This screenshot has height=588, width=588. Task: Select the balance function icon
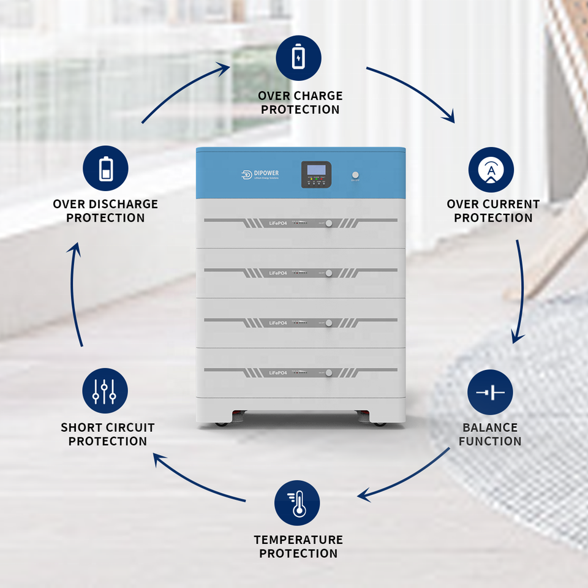click(490, 393)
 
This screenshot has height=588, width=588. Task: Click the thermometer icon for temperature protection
click(297, 503)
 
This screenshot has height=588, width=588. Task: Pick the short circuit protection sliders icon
click(105, 391)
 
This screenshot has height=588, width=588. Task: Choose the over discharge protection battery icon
click(105, 168)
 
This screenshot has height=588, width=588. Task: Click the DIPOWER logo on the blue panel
click(260, 175)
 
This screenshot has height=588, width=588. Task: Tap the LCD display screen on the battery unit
click(315, 170)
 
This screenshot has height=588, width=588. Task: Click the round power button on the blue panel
click(355, 174)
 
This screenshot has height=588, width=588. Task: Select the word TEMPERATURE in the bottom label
click(298, 540)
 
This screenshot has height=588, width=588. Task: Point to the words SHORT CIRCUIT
click(108, 428)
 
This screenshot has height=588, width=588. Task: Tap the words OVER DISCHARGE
click(105, 204)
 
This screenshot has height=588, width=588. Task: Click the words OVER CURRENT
click(493, 204)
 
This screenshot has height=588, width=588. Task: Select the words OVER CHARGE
click(300, 96)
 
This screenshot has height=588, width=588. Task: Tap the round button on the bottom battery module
click(329, 372)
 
